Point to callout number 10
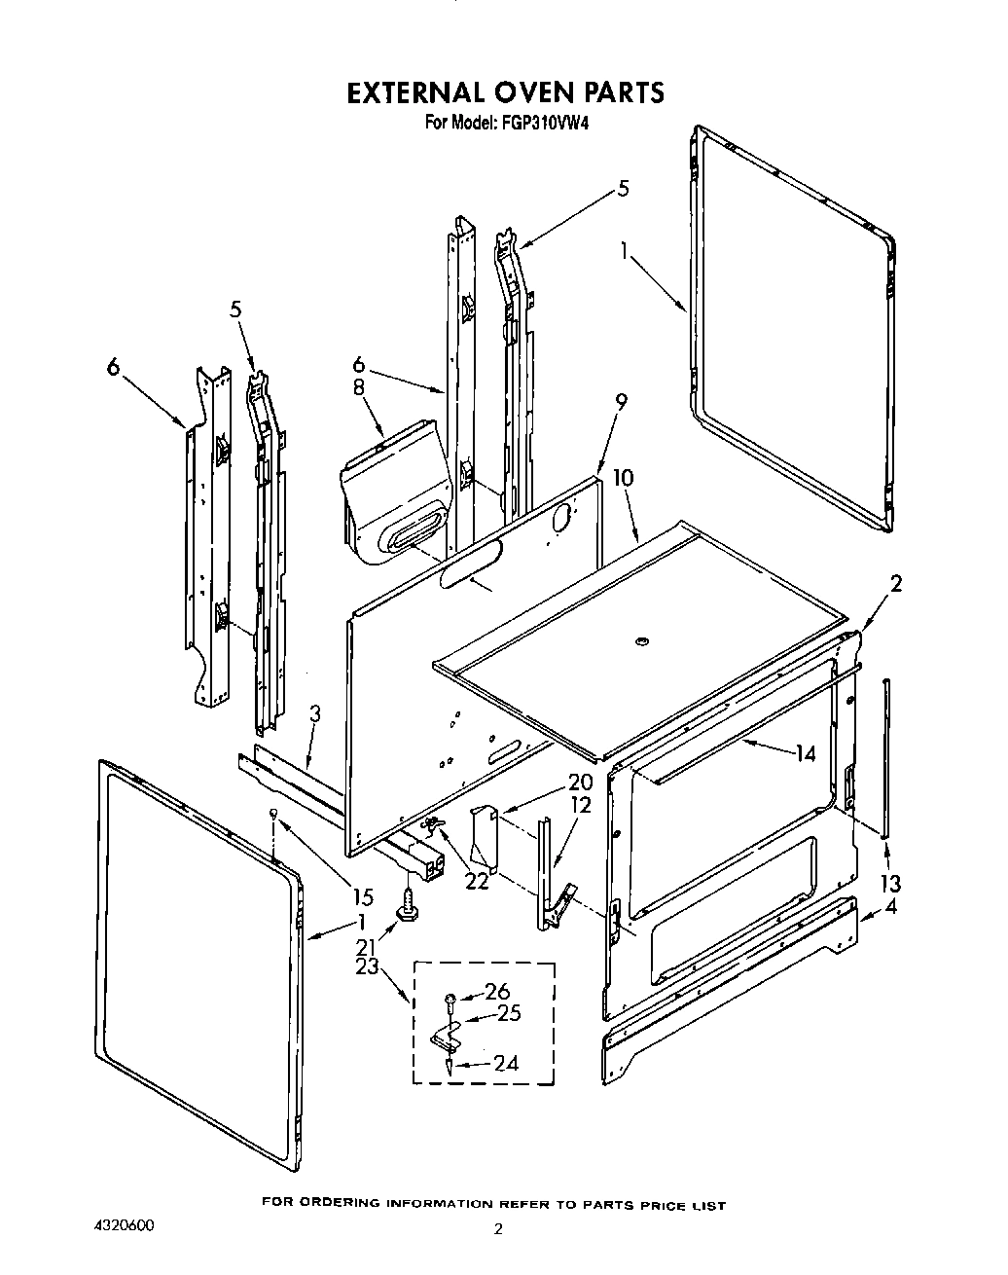[x=623, y=478]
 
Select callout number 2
[x=896, y=583]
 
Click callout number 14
[x=805, y=752]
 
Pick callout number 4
[x=890, y=911]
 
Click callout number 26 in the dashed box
[x=496, y=992]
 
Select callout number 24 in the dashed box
[x=505, y=1063]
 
